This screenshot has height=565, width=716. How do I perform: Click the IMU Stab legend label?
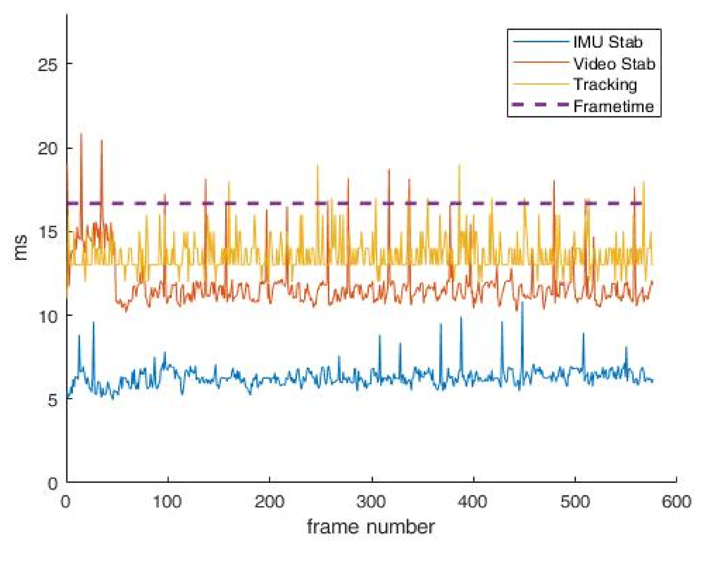point(608,42)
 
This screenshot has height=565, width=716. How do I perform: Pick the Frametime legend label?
point(614,106)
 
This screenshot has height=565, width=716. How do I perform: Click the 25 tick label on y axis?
point(47,64)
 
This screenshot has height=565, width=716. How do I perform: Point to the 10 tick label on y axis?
point(47,317)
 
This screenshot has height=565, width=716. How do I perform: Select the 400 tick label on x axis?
point(473,502)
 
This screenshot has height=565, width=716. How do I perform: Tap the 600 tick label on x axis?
point(676,502)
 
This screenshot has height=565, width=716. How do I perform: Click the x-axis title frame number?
point(370,527)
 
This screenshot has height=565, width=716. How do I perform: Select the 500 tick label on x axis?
point(575,502)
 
